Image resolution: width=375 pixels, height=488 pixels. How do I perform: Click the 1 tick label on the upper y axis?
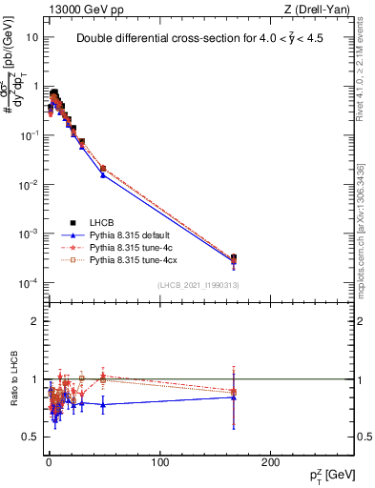click(x=35, y=87)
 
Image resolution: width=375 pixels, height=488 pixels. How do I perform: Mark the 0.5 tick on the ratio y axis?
click(x=30, y=437)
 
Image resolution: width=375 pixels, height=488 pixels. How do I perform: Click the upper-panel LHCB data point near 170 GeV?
click(x=234, y=257)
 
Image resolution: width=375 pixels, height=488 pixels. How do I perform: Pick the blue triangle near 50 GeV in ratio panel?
click(x=103, y=405)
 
